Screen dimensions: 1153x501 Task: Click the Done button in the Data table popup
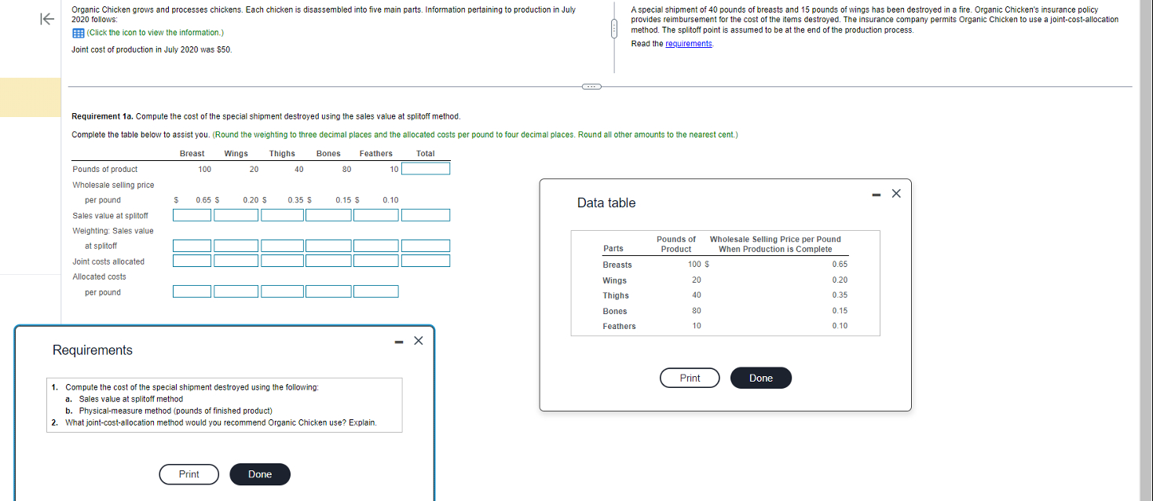click(761, 378)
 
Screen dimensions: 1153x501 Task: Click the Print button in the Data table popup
click(690, 378)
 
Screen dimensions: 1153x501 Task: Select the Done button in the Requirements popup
click(260, 474)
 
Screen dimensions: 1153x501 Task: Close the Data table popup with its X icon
click(896, 193)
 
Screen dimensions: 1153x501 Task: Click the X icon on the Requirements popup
click(419, 341)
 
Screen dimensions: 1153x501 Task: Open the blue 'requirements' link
click(689, 44)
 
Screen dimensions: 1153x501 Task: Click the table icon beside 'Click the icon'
click(79, 33)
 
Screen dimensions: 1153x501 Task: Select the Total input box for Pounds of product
click(426, 169)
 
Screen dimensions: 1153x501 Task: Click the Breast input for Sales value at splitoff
click(192, 215)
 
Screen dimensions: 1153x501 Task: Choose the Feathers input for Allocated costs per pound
click(375, 291)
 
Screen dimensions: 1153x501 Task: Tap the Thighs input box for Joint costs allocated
click(282, 261)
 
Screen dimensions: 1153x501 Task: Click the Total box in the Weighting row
click(426, 245)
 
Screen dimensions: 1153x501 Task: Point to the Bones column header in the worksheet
click(328, 153)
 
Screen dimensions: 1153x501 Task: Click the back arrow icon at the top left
click(47, 19)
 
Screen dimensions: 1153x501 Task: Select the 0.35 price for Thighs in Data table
click(840, 295)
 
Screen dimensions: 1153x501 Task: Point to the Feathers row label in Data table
click(619, 326)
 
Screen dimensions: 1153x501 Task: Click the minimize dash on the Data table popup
click(877, 195)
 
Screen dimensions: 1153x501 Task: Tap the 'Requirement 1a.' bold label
click(102, 116)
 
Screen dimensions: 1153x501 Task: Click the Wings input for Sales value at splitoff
click(236, 215)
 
